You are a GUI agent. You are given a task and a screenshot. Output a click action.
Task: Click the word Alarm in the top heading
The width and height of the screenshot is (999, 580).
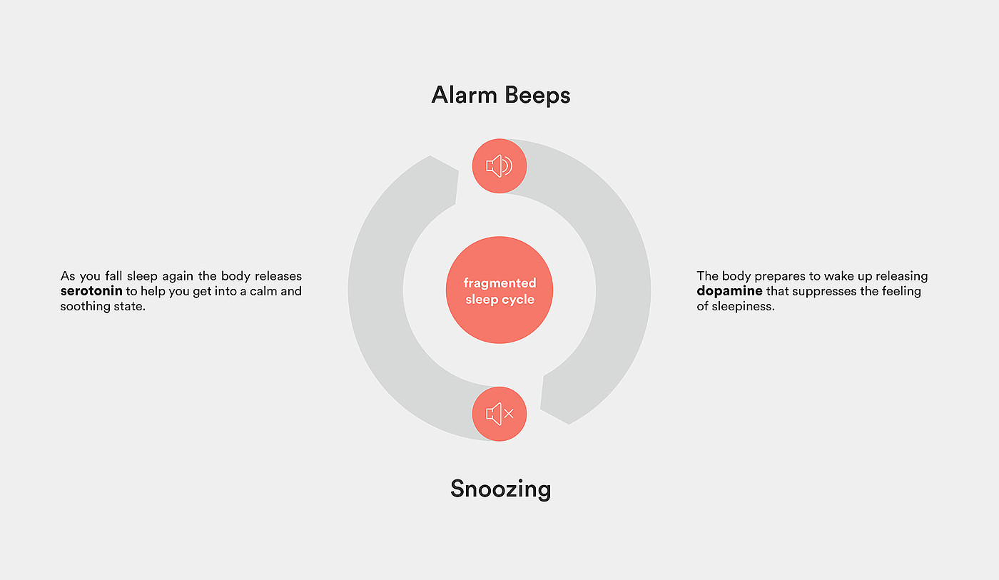464,95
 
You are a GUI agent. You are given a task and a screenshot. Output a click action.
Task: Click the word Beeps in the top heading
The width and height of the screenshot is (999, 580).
537,96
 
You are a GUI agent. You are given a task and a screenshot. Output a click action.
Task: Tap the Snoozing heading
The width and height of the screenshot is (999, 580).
500,489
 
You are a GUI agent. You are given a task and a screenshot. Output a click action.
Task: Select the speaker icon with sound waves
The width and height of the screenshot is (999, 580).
499,166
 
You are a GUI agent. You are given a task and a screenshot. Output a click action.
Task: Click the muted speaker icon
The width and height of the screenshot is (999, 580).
499,414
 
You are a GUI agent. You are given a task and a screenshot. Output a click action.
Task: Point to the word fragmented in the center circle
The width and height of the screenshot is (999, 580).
499,283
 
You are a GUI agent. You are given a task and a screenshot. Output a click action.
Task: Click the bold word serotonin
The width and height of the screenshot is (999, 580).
91,291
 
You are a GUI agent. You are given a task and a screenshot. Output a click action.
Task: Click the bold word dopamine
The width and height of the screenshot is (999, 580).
729,292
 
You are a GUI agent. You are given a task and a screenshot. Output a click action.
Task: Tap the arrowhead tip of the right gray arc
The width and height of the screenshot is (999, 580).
541,408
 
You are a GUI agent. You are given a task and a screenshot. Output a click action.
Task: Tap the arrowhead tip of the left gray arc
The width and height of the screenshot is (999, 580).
458,171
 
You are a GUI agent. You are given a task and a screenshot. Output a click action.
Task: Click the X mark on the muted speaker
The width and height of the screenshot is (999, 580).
509,414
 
